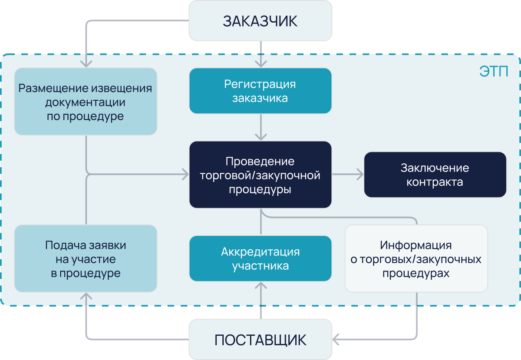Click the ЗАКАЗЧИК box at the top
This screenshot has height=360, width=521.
point(260,21)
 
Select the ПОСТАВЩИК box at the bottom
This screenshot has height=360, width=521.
point(260,339)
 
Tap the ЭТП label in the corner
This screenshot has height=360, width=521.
point(494,72)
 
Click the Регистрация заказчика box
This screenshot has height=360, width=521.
point(260,91)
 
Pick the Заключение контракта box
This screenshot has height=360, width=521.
point(435,175)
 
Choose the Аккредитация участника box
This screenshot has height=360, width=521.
point(260,258)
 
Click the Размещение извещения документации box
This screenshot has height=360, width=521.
point(86,102)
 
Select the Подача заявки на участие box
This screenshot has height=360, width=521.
point(86,258)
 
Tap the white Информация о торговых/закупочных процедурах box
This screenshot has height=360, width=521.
point(416,258)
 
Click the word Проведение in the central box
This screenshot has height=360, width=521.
point(260,162)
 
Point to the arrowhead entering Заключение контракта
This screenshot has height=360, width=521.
point(359,175)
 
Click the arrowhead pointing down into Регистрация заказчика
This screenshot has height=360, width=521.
point(260,63)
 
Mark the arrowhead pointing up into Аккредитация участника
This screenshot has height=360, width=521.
point(260,286)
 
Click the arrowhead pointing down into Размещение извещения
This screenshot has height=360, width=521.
point(86,63)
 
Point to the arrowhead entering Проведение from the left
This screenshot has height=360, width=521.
point(185,175)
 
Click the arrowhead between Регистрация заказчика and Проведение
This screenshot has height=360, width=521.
point(260,136)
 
